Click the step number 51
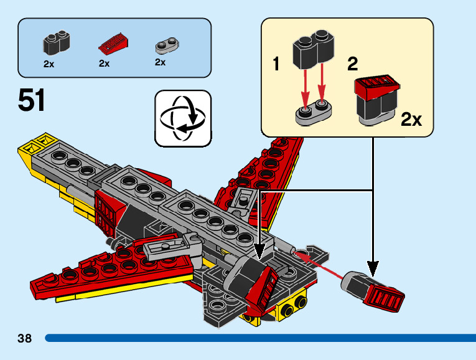tap(31, 100)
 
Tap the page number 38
tap(25, 338)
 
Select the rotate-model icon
tap(183, 118)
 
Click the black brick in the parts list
tap(57, 42)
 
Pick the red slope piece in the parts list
tap(113, 44)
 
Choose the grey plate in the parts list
tap(167, 45)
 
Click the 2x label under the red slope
tap(104, 64)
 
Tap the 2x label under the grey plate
tap(160, 62)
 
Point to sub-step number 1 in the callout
tap(276, 64)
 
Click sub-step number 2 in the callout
tap(352, 64)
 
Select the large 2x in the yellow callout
tap(411, 120)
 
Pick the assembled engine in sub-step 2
tap(376, 100)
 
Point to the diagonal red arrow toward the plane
tap(319, 265)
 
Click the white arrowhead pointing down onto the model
tap(259, 251)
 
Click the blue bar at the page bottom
tap(261, 338)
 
